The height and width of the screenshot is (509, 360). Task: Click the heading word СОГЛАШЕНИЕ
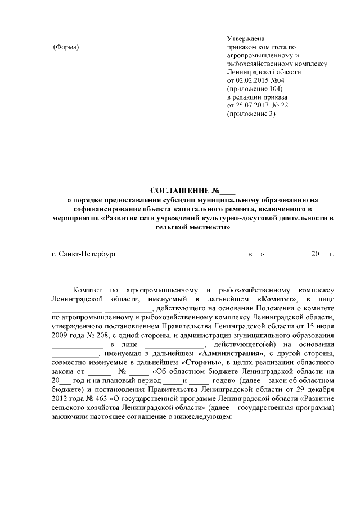click(178, 190)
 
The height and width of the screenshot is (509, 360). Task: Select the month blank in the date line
click(287, 255)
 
